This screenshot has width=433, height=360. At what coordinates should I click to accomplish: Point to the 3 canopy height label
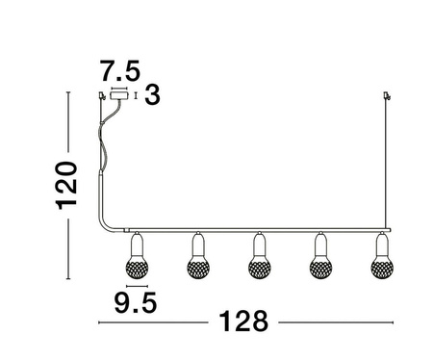pos(151,96)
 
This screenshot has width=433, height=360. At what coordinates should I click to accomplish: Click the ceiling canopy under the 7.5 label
pos(121,96)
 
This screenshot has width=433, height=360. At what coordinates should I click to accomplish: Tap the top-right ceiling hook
pos(389,94)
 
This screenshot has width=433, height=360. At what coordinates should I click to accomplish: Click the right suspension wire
pos(388,164)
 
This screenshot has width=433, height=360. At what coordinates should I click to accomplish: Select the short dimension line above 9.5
pos(136,286)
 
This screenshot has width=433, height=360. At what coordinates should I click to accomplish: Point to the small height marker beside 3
pos(136,96)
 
